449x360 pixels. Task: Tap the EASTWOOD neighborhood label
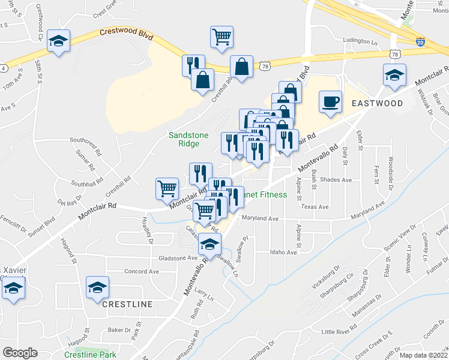(x=377, y=103)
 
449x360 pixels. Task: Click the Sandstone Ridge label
(x=188, y=139)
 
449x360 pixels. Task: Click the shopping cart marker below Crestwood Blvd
(x=221, y=37)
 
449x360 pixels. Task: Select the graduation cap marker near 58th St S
(x=59, y=41)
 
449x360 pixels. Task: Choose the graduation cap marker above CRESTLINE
(x=97, y=287)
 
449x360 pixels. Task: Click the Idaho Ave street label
(x=283, y=253)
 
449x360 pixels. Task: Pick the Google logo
(x=20, y=353)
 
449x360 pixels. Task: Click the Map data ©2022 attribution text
(x=421, y=355)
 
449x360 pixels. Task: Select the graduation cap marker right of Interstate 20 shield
(x=394, y=76)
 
